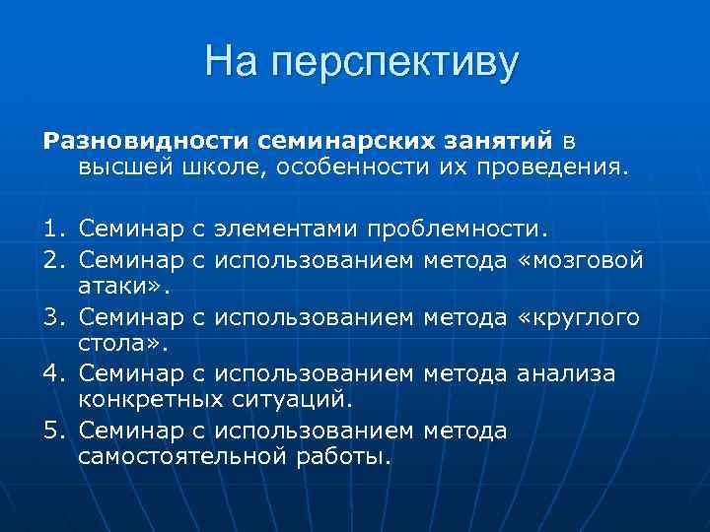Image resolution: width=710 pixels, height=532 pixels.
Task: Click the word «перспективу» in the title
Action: click(394, 63)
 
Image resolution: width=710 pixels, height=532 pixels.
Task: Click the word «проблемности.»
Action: click(455, 231)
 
